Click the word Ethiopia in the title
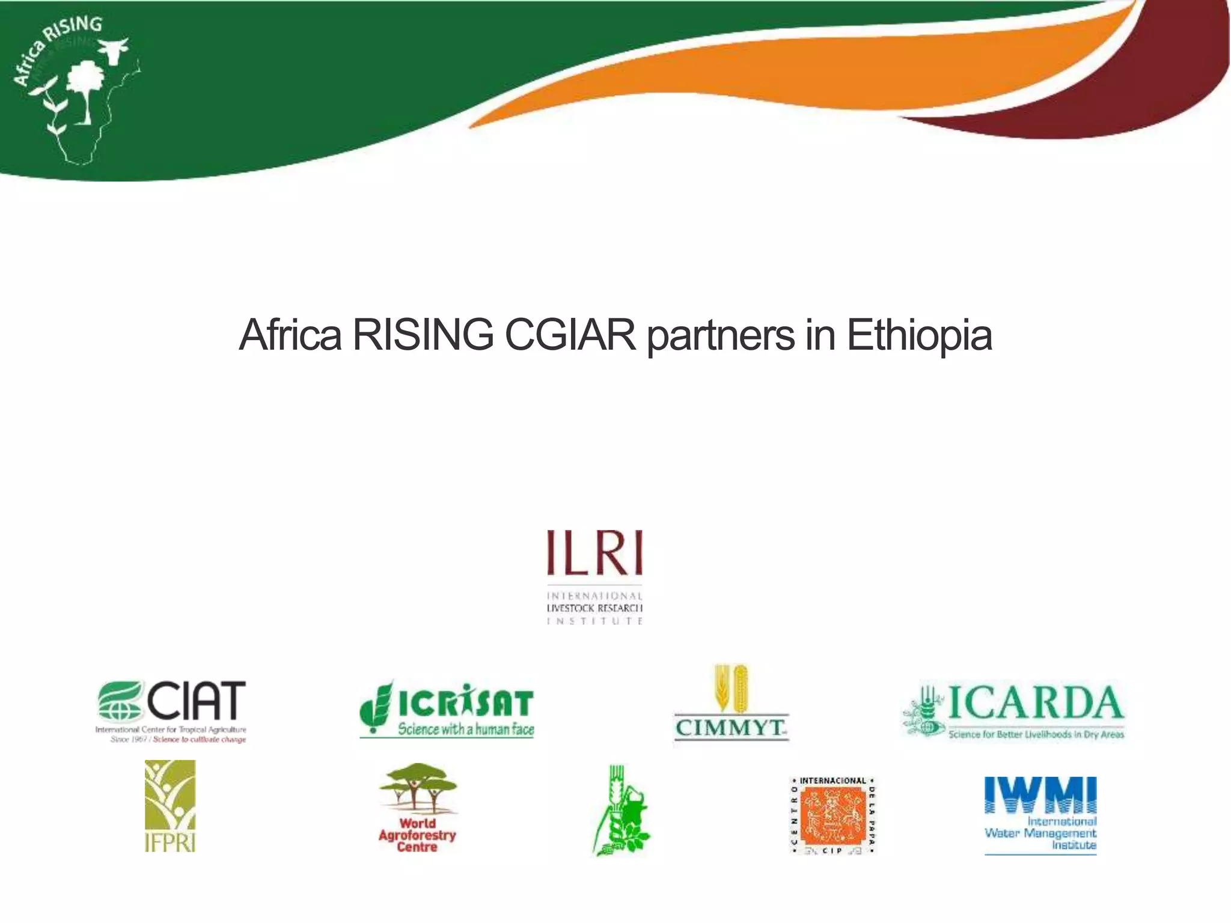point(919,335)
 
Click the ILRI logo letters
point(594,553)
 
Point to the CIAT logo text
point(196,701)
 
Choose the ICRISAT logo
point(447,708)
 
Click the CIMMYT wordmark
point(730,728)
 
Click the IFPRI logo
point(170,805)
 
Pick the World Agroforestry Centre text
point(417,835)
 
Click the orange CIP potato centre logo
point(832,815)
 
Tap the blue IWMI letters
point(1040,794)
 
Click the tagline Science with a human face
point(466,730)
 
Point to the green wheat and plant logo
point(622,811)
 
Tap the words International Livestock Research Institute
point(594,608)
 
